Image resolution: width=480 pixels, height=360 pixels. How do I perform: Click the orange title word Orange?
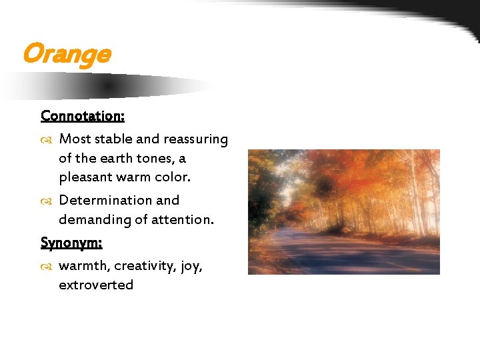66,53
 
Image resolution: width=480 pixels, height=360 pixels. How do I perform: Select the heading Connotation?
83,115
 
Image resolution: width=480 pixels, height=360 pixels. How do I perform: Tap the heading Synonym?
71,242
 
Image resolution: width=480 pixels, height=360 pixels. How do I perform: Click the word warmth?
84,265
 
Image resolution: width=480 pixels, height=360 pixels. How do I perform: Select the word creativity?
145,266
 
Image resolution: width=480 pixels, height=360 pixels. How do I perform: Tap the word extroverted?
96,285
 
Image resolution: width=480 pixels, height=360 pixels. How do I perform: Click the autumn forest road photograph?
343,211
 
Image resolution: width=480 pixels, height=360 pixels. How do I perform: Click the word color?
172,178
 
